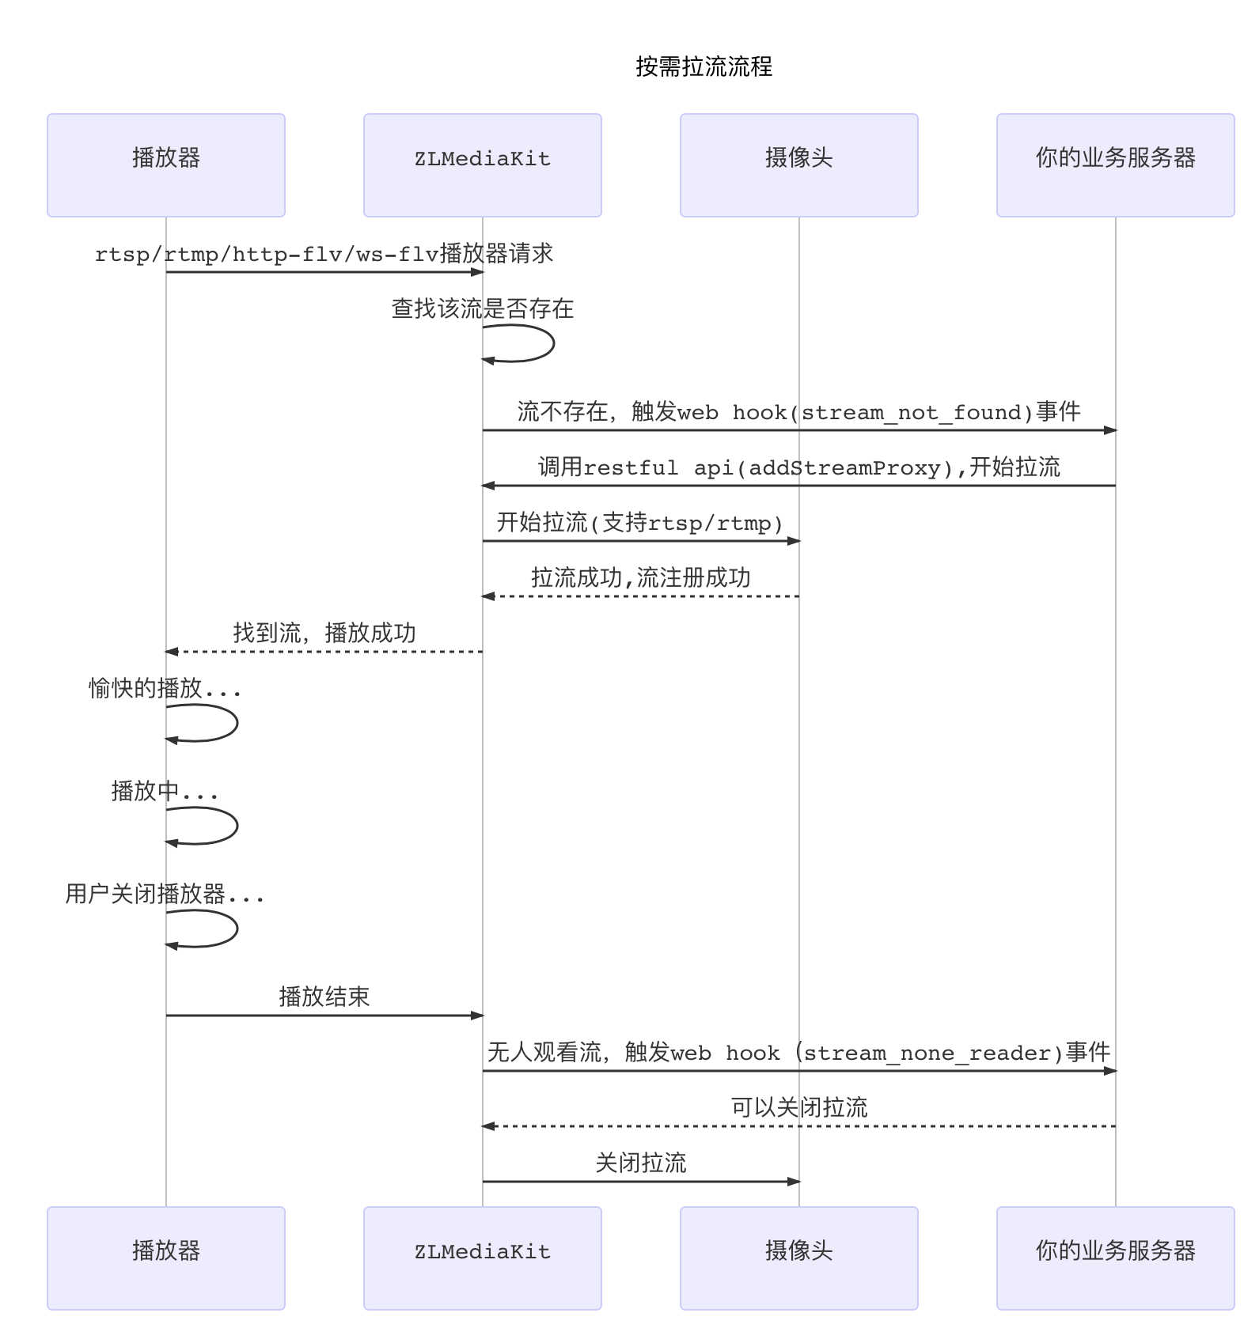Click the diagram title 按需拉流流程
pyautogui.click(x=704, y=66)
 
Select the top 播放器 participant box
pyautogui.click(x=166, y=165)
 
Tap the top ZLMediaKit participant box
pyautogui.click(x=483, y=165)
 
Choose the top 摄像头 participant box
pyautogui.click(x=799, y=165)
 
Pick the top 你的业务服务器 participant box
pyautogui.click(x=1115, y=165)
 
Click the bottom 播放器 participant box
pyautogui.click(x=166, y=1258)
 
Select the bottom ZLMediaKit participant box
pyautogui.click(x=483, y=1258)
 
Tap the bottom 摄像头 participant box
pyautogui.click(x=799, y=1258)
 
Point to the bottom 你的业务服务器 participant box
pyautogui.click(x=1115, y=1258)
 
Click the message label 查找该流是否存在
pyautogui.click(x=483, y=308)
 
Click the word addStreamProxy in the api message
pyautogui.click(x=844, y=468)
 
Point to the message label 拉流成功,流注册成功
pyautogui.click(x=641, y=578)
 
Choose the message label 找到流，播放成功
pyautogui.click(x=324, y=634)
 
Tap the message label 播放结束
pyautogui.click(x=324, y=997)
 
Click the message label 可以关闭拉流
pyautogui.click(x=799, y=1107)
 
